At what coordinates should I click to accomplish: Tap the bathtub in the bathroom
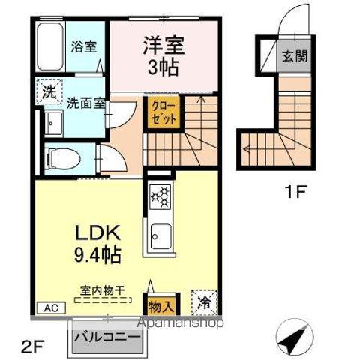[x=50, y=46]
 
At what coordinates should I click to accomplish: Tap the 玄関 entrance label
[x=292, y=55]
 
